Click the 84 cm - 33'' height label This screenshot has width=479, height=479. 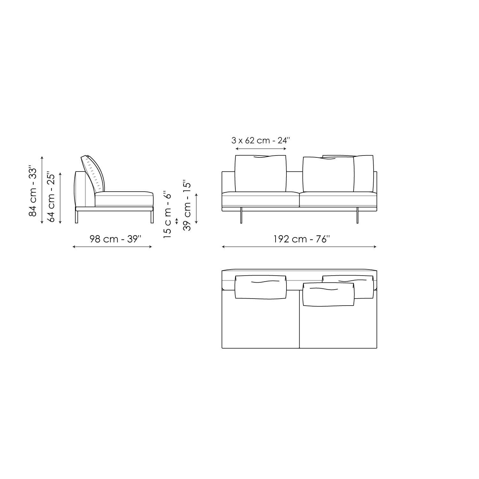[33, 191]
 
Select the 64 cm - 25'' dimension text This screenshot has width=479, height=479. [51, 197]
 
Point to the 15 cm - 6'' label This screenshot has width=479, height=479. [167, 215]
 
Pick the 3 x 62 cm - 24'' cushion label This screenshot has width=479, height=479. [261, 140]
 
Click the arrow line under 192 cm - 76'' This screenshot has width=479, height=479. [299, 247]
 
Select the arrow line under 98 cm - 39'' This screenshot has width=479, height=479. [112, 247]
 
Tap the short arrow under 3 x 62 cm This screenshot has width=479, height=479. [261, 149]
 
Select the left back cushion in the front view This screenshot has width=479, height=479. [260, 174]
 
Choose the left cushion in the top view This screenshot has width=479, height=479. [260, 287]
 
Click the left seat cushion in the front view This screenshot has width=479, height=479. [260, 199]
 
